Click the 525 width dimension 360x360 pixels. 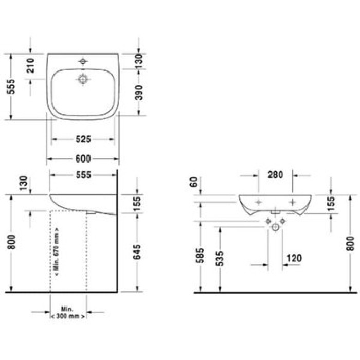(x=83, y=139)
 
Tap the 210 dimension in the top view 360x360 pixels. (x=31, y=66)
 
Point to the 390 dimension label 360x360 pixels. (x=138, y=93)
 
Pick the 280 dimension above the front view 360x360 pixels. (x=276, y=175)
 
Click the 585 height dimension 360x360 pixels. (x=201, y=256)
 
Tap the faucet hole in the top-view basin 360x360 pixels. (x=82, y=62)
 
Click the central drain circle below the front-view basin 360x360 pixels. (x=276, y=227)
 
